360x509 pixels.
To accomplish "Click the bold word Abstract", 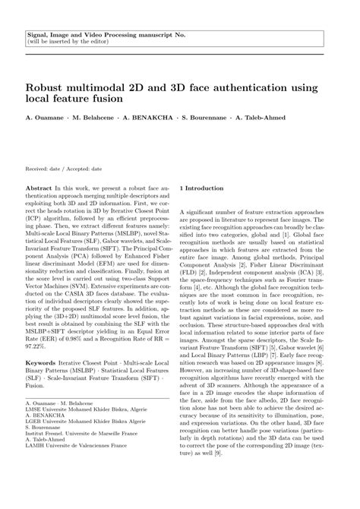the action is click(38, 187).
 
